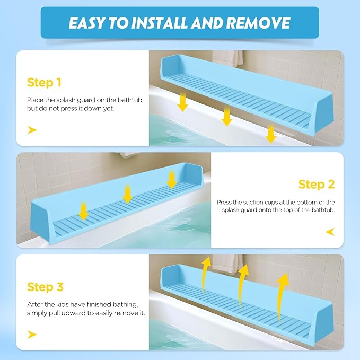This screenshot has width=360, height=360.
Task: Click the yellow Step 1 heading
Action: [44, 82]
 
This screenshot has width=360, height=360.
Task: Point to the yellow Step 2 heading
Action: [317, 184]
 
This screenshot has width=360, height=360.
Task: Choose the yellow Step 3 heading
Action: [45, 287]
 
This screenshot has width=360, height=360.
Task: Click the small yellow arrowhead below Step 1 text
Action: [32, 130]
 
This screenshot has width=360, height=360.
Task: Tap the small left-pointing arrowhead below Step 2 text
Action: [329, 232]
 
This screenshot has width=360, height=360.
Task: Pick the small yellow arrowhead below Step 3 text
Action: [32, 333]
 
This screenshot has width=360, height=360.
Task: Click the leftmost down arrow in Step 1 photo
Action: [182, 101]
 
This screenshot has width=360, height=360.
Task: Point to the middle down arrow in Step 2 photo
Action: [127, 193]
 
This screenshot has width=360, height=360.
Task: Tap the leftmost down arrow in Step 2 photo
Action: [83, 210]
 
